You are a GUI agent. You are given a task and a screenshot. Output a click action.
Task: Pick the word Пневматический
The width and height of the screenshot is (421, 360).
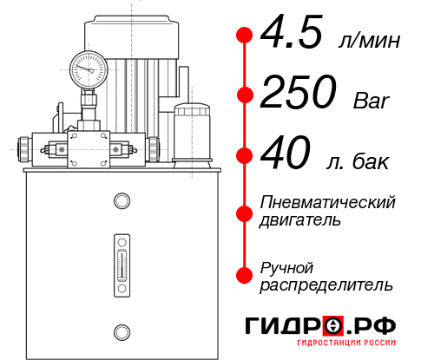[x=327, y=202]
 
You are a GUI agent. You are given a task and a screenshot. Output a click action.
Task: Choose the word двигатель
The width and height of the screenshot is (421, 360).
[x=300, y=220]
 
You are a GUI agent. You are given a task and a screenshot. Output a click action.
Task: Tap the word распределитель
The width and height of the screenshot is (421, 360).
[x=326, y=284]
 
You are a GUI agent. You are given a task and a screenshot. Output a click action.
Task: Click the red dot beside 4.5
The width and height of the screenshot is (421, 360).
[x=245, y=36]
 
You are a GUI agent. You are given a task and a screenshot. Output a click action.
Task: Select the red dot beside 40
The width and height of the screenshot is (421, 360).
[x=245, y=157]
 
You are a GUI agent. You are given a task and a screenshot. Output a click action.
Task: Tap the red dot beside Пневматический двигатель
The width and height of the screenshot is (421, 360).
[x=245, y=211]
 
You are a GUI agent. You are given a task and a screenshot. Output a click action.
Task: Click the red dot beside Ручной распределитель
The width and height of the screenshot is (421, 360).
[x=245, y=274]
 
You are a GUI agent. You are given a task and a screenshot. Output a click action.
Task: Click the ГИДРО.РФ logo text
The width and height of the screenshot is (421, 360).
[x=320, y=327]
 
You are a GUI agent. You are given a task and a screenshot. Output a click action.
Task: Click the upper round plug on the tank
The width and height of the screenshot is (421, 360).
[x=121, y=202]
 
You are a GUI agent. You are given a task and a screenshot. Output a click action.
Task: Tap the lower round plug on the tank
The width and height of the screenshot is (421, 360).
[x=121, y=331]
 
